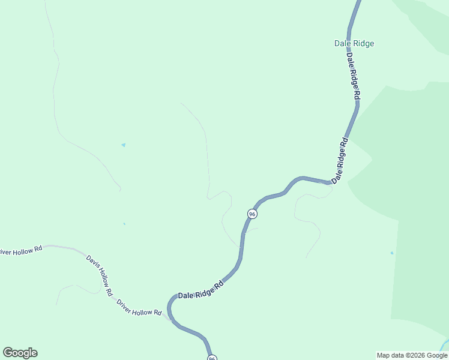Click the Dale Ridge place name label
(x=354, y=43)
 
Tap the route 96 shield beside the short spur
(x=252, y=214)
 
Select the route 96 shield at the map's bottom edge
(x=212, y=358)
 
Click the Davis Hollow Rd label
(x=100, y=275)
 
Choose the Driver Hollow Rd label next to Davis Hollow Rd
(x=139, y=308)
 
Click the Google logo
(x=20, y=353)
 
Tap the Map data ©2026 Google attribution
(x=412, y=355)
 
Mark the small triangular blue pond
(x=124, y=145)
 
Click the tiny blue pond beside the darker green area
(x=392, y=253)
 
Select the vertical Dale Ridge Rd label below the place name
(x=353, y=76)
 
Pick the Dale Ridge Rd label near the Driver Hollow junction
(x=200, y=289)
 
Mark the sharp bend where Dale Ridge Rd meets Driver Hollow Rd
(x=169, y=308)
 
